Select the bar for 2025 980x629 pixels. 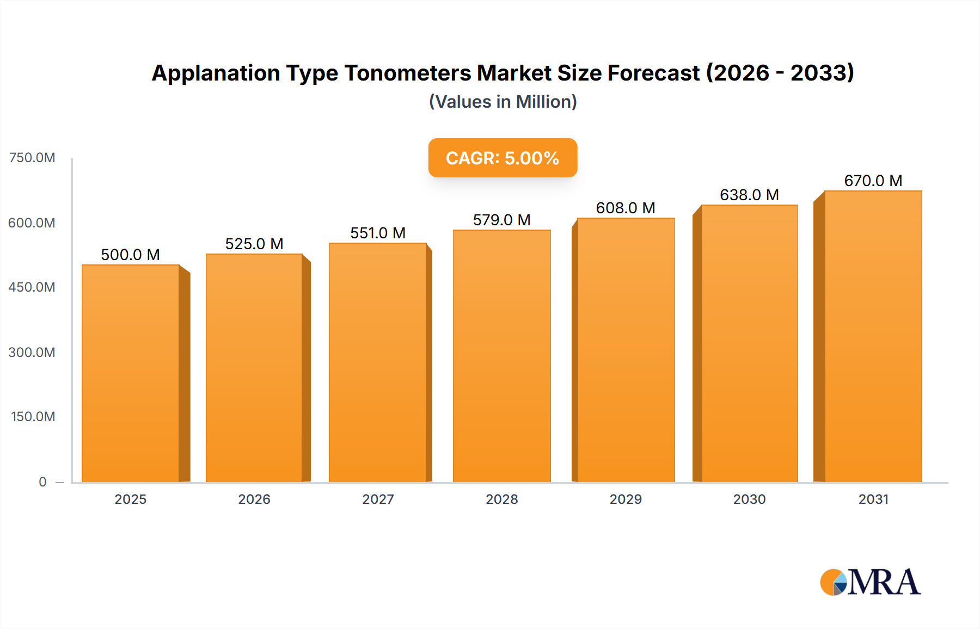[131, 373]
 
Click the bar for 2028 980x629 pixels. [501, 356]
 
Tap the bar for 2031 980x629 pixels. [873, 336]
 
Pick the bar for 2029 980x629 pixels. [626, 350]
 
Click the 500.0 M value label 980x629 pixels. [131, 255]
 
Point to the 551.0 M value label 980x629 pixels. [378, 233]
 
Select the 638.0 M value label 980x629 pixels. [749, 195]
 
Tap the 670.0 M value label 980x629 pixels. [873, 181]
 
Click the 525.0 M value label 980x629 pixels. [254, 244]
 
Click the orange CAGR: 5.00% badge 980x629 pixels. [503, 158]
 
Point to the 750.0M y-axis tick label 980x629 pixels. [32, 158]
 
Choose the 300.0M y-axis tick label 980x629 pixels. [32, 352]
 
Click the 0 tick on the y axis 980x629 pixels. [42, 482]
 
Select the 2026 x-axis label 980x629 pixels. [254, 499]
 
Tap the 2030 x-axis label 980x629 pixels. [749, 499]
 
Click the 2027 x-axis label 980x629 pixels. [378, 499]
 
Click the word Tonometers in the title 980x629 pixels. [407, 73]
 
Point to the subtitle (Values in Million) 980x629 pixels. [503, 102]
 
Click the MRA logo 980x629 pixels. [870, 582]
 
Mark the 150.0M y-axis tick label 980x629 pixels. [33, 417]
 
